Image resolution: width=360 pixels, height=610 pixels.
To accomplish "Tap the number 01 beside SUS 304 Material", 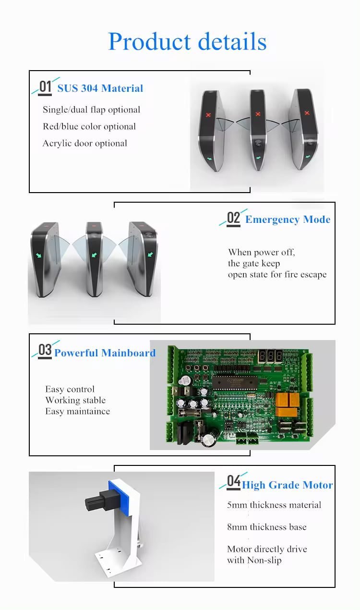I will (45, 87).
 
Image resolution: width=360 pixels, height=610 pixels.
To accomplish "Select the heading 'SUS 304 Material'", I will (100, 88).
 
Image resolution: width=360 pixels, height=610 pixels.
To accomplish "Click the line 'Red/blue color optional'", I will (89, 126).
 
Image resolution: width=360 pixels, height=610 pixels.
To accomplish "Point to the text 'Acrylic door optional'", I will (84, 143).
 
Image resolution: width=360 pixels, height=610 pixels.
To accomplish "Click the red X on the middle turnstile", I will (258, 114).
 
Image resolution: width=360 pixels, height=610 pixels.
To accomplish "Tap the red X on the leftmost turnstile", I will (208, 115).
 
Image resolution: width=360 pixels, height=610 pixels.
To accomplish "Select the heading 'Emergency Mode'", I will (288, 220).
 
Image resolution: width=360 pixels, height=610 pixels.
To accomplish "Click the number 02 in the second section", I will (233, 218).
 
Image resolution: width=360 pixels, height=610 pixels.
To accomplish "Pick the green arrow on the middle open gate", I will (94, 255).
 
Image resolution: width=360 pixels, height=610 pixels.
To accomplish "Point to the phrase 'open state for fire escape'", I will (277, 275).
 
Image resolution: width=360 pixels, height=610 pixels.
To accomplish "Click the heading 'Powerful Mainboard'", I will (105, 353).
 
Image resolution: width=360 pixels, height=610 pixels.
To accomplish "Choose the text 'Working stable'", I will (75, 400).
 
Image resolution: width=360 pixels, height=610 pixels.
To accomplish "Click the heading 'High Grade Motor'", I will (287, 485).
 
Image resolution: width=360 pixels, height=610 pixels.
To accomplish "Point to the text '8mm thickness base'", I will (266, 527).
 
